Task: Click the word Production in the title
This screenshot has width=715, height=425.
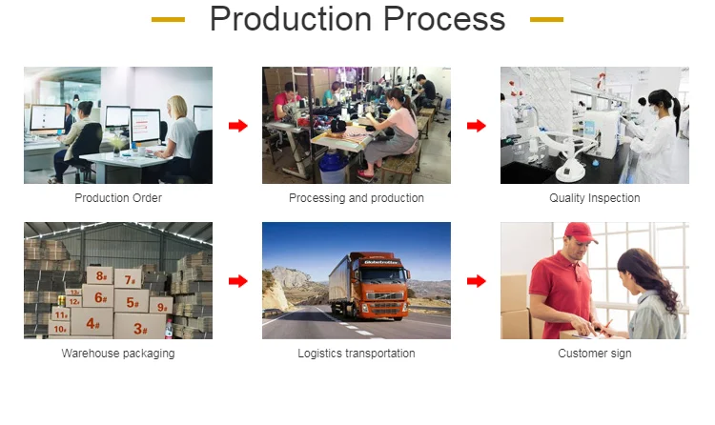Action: pyautogui.click(x=291, y=19)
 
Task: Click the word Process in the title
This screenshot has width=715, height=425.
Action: pyautogui.click(x=444, y=19)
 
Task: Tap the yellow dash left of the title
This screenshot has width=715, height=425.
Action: pyautogui.click(x=168, y=20)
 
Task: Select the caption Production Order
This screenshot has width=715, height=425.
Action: pyautogui.click(x=118, y=198)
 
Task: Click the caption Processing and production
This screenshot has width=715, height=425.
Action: pyautogui.click(x=357, y=198)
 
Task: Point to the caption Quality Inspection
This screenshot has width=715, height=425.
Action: pyautogui.click(x=595, y=198)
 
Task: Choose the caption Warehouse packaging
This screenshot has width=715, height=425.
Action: pyautogui.click(x=118, y=354)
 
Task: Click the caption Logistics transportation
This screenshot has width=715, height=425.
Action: pyautogui.click(x=357, y=354)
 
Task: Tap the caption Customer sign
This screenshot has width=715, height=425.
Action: pyautogui.click(x=595, y=354)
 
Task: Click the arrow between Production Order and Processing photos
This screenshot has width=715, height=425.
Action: pyautogui.click(x=238, y=126)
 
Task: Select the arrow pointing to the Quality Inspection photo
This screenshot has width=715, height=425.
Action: pyautogui.click(x=477, y=126)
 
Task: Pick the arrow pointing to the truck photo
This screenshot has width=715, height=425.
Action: pyautogui.click(x=238, y=281)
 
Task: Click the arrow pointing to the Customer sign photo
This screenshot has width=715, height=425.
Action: pyautogui.click(x=477, y=281)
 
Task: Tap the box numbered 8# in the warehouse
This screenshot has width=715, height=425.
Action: pyautogui.click(x=100, y=275)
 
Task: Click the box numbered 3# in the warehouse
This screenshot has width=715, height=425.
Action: pyautogui.click(x=140, y=326)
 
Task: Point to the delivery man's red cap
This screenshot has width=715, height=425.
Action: pyautogui.click(x=580, y=233)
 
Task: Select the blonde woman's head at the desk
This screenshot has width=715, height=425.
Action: pyautogui.click(x=176, y=107)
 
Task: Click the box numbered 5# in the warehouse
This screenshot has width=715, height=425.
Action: pyautogui.click(x=132, y=301)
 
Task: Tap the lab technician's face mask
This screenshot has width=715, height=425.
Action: pyautogui.click(x=654, y=110)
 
